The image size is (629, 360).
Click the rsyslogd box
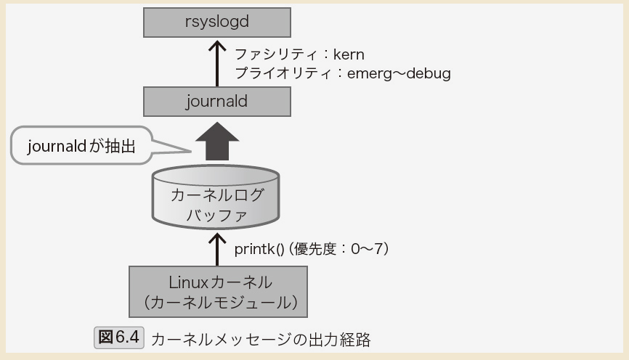click(x=216, y=22)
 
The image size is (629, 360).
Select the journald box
click(x=216, y=102)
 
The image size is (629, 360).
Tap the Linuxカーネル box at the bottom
click(x=217, y=291)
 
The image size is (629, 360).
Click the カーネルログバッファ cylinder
click(x=216, y=197)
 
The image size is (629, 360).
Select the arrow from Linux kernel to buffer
click(x=216, y=249)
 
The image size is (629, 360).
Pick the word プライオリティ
click(x=280, y=73)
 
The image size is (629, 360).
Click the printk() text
click(x=259, y=249)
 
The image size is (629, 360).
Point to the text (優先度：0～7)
click(x=341, y=249)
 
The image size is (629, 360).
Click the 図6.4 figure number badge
click(x=120, y=338)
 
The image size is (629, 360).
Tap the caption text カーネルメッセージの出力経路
click(x=261, y=339)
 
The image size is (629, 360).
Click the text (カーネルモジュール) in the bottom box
click(x=217, y=301)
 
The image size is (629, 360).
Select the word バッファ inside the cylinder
click(x=216, y=215)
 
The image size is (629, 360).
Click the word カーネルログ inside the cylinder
click(x=216, y=195)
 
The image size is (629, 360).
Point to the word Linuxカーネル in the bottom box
click(x=217, y=281)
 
